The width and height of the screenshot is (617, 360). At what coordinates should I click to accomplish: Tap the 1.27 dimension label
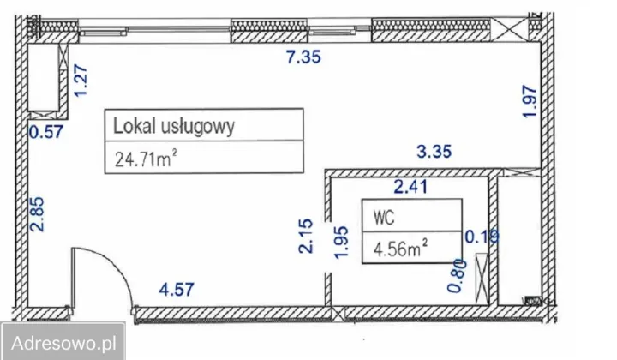[82, 81]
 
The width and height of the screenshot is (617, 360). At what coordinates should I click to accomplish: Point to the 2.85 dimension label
[35, 214]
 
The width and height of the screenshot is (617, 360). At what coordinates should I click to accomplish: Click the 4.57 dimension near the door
[177, 289]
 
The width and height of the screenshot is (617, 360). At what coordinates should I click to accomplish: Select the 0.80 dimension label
[454, 277]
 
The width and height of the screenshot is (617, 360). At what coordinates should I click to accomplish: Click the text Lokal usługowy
[173, 128]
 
